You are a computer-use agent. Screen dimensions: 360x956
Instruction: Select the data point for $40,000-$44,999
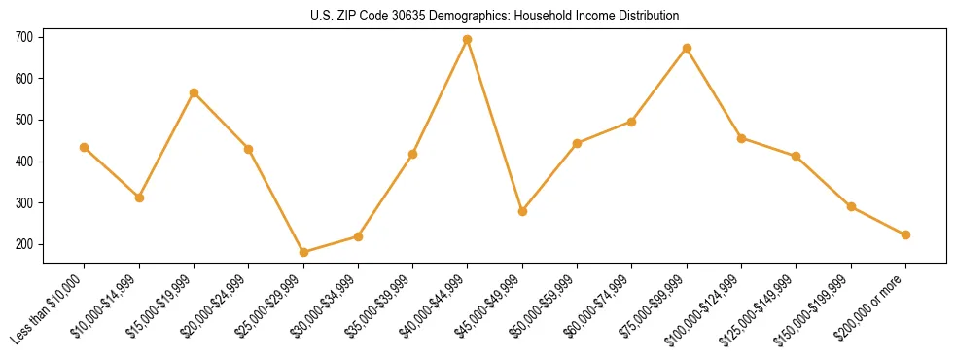point(468,40)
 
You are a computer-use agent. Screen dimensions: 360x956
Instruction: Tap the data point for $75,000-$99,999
point(687,48)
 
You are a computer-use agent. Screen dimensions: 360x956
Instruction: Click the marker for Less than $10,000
point(85,147)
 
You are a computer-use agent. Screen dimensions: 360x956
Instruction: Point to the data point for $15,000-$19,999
point(194,92)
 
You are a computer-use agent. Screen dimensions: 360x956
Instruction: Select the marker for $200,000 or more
point(905,234)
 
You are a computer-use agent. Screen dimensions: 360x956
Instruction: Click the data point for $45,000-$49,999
point(522,211)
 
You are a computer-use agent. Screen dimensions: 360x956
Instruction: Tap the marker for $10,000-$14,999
point(139,198)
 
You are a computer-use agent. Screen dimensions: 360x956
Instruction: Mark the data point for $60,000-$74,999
point(632,122)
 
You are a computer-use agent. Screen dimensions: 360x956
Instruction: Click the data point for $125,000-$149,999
point(797,156)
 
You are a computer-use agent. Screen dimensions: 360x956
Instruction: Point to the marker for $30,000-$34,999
point(358,236)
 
